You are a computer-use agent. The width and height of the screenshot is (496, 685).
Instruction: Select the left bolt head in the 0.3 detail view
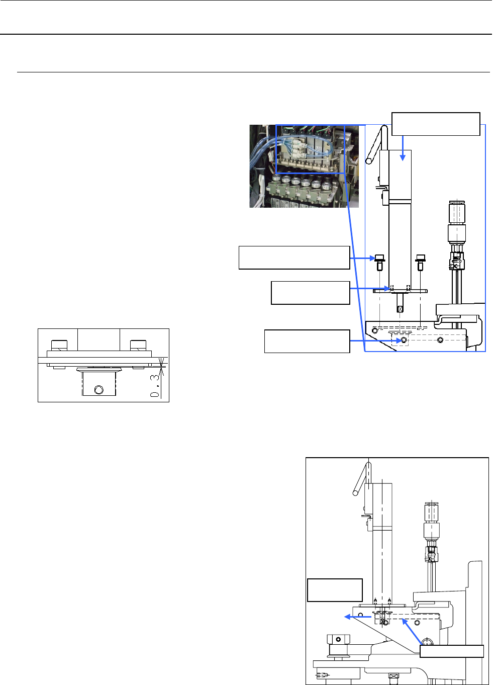[59, 346]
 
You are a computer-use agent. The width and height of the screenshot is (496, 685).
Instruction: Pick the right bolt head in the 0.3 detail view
[138, 346]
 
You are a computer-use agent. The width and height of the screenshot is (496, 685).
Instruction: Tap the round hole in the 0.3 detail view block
[99, 390]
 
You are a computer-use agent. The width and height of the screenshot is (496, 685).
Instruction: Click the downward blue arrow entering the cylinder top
[402, 148]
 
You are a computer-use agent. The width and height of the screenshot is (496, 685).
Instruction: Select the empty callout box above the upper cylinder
[436, 124]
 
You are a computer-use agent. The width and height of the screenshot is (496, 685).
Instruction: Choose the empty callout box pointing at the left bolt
[294, 258]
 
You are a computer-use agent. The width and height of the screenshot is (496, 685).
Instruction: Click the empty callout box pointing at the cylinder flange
[310, 293]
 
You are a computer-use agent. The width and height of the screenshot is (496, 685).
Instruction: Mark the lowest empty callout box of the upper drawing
[307, 341]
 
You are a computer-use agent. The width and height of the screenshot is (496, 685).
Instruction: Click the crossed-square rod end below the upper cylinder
[400, 309]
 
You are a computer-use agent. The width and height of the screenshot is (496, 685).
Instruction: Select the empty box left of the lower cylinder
[335, 590]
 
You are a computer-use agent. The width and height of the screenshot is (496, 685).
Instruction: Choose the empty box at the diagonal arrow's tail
[451, 651]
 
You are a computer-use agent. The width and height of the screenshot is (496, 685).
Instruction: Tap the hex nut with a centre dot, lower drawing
[338, 639]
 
